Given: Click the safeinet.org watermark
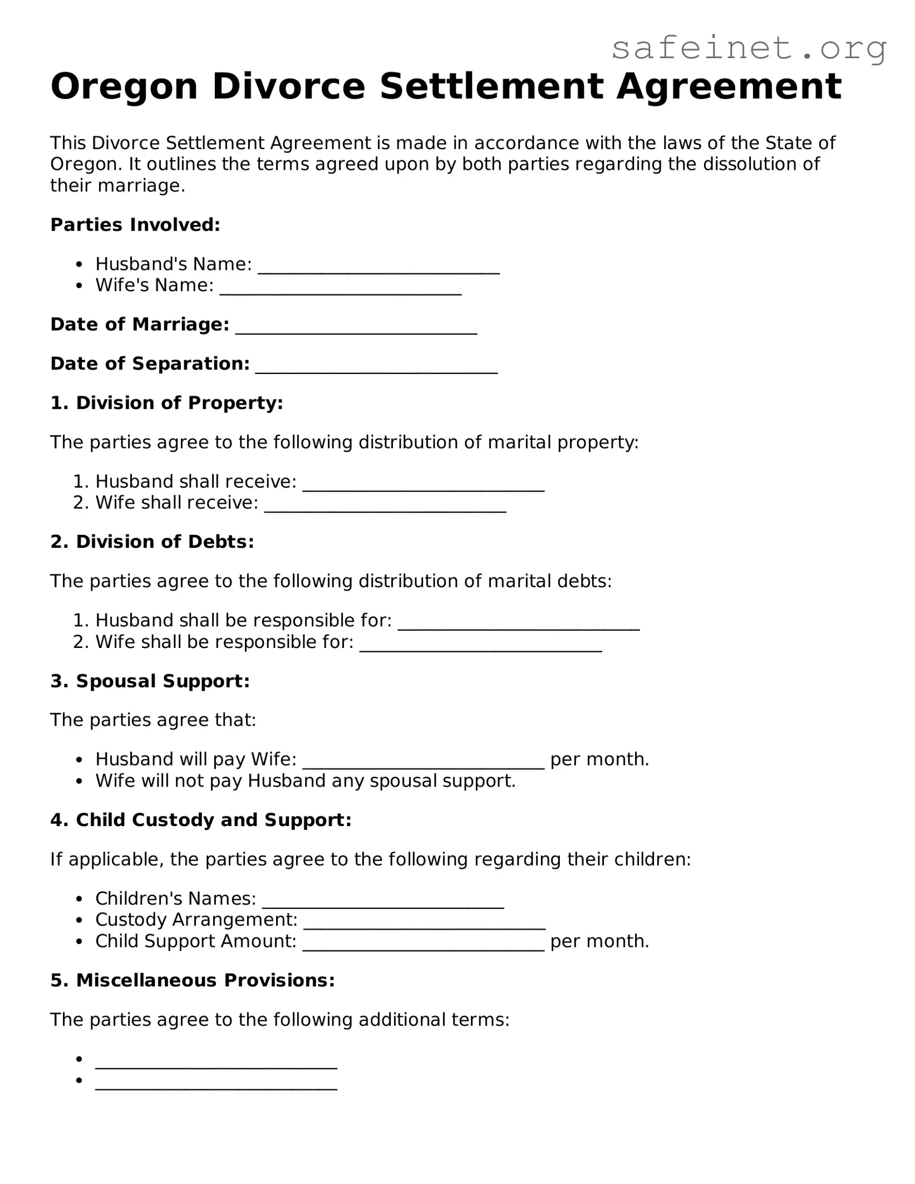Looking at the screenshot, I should pyautogui.click(x=749, y=49).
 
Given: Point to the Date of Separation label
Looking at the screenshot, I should pyautogui.click(x=150, y=363).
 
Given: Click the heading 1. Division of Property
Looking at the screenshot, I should pyautogui.click(x=166, y=402).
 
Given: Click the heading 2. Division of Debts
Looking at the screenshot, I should pyautogui.click(x=152, y=542).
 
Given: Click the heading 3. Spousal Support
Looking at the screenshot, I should pyautogui.click(x=150, y=681).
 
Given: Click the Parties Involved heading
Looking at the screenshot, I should pyautogui.click(x=135, y=225).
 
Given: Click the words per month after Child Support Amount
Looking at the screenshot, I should pyautogui.click(x=599, y=941).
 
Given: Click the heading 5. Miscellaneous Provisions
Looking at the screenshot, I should pyautogui.click(x=193, y=980).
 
